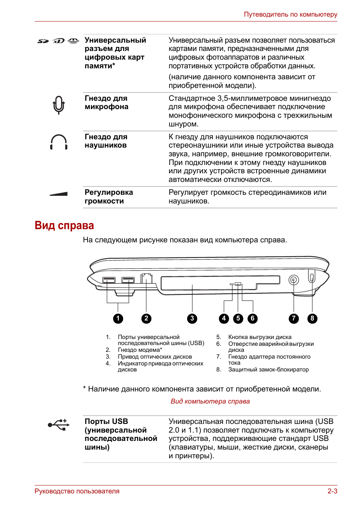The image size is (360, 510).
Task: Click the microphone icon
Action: click(x=58, y=105)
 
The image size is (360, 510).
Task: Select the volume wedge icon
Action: click(x=59, y=194)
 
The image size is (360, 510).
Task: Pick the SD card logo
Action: click(x=43, y=41)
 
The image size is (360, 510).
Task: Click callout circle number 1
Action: click(x=118, y=319)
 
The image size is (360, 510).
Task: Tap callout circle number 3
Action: click(x=192, y=319)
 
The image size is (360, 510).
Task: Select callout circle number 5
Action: click(x=238, y=319)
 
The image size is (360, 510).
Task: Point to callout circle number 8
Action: click(x=312, y=319)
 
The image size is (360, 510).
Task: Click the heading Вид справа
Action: click(x=64, y=225)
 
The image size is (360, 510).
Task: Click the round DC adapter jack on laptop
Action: click(x=294, y=280)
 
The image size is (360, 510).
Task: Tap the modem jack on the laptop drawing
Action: click(x=146, y=279)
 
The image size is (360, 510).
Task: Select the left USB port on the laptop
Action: click(x=109, y=280)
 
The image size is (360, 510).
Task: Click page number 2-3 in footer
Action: click(x=332, y=491)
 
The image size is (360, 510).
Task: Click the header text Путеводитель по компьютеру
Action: click(x=290, y=14)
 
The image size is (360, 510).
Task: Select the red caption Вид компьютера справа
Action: click(x=210, y=401)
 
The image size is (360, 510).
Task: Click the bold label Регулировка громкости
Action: click(x=109, y=197)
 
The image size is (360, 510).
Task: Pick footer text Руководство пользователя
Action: click(x=77, y=491)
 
